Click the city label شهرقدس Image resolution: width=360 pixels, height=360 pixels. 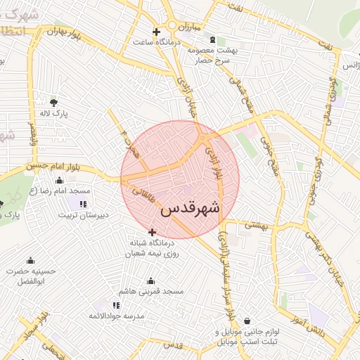click(x=190, y=209)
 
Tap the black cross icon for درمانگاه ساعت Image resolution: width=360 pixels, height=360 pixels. click(x=156, y=32)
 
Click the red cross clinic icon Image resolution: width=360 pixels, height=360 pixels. click(x=152, y=232)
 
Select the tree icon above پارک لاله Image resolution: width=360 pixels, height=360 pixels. click(x=54, y=103)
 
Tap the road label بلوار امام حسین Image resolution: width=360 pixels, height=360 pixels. click(x=51, y=166)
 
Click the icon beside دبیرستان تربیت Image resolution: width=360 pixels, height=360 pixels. click(x=83, y=204)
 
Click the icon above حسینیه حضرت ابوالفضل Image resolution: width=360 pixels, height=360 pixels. click(x=30, y=260)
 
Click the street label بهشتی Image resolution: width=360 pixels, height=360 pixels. click(x=257, y=226)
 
